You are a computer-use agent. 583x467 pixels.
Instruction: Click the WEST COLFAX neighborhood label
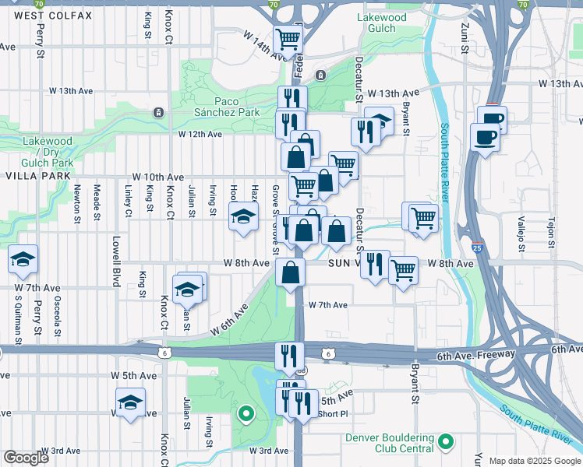click(x=52, y=16)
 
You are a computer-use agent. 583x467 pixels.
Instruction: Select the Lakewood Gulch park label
click(x=381, y=23)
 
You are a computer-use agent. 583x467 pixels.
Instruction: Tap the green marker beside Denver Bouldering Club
click(x=446, y=442)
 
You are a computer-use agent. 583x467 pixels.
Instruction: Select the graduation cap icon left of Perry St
click(x=23, y=259)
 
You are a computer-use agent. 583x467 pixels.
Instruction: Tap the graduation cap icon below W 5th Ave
click(x=130, y=402)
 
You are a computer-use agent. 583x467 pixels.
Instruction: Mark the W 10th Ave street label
click(x=157, y=177)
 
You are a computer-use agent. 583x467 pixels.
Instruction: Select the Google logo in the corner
click(x=26, y=458)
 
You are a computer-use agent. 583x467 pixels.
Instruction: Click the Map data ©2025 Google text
click(x=535, y=461)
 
